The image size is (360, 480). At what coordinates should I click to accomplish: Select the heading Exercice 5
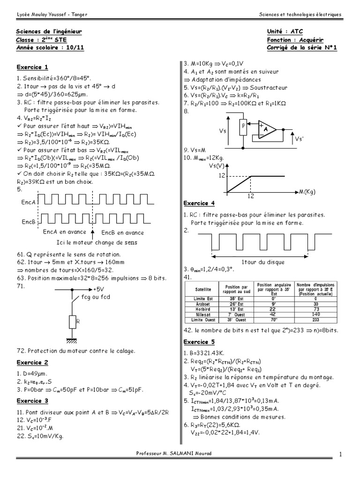pos(199,342)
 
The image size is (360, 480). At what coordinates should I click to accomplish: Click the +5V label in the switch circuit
pos(100,289)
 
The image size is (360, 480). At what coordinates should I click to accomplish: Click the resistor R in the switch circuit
pos(72,323)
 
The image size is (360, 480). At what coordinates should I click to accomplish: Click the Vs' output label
pos(300,139)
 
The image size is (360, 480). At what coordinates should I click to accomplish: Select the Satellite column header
pos(203,289)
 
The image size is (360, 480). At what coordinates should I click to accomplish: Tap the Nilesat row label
pos(203,315)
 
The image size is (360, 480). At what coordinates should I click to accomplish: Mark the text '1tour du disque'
pos(259,262)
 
